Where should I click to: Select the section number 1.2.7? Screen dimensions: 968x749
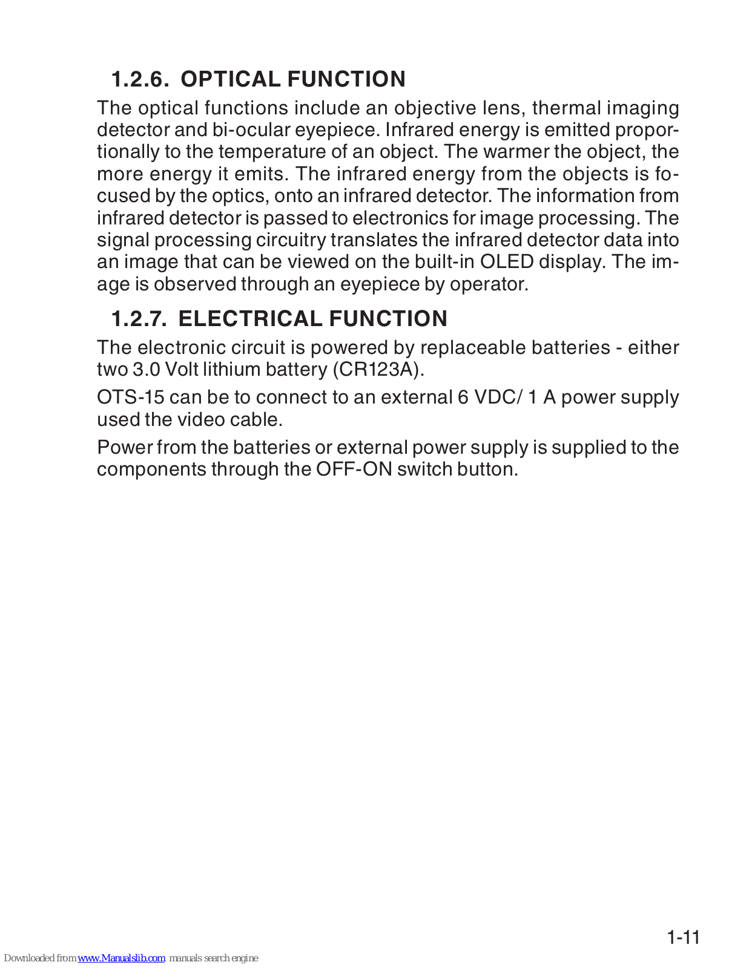(139, 319)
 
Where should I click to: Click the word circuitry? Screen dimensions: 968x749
(291, 240)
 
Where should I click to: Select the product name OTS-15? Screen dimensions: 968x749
(130, 397)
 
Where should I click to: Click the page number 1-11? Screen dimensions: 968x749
(683, 938)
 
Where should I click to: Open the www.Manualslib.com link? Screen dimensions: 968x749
(121, 958)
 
